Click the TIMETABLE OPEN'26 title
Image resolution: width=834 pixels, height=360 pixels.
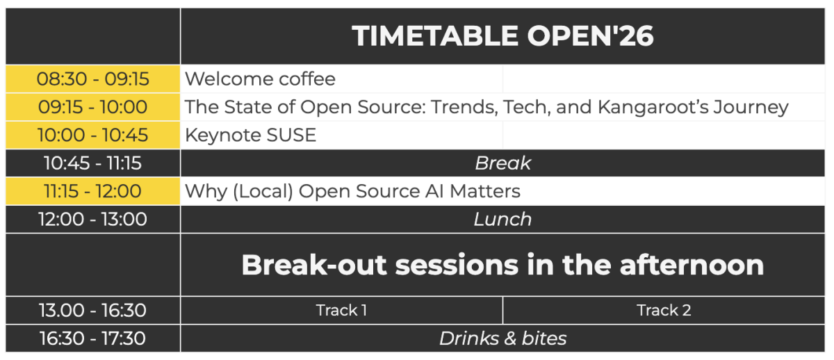pyautogui.click(x=502, y=36)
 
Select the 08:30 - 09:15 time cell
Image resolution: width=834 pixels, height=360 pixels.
pyautogui.click(x=93, y=79)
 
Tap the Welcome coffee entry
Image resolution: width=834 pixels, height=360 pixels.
pyautogui.click(x=260, y=79)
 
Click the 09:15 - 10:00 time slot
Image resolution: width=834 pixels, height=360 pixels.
pyautogui.click(x=93, y=107)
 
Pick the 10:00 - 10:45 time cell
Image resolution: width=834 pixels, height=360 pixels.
pyautogui.click(x=93, y=135)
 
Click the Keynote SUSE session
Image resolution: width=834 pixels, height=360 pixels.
pyautogui.click(x=250, y=135)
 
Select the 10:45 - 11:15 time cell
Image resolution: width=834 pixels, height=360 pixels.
pyautogui.click(x=93, y=163)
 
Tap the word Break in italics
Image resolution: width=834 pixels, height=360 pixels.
pyautogui.click(x=502, y=163)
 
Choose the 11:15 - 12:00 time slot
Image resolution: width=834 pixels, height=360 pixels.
pyautogui.click(x=93, y=191)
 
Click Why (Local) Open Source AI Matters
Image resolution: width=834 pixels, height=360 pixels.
pyautogui.click(x=352, y=191)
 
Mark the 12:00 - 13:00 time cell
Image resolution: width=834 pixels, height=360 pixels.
pyautogui.click(x=93, y=220)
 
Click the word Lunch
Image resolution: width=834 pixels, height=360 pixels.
pyautogui.click(x=502, y=220)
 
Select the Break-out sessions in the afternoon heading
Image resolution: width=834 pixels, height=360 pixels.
pyautogui.click(x=502, y=265)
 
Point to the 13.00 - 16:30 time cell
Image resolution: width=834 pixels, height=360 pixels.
pyautogui.click(x=93, y=310)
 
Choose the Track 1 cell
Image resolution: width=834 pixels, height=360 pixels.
pyautogui.click(x=341, y=310)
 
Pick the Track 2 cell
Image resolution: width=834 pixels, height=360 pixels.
pyautogui.click(x=664, y=310)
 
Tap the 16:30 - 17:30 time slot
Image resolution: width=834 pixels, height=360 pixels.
pyautogui.click(x=93, y=338)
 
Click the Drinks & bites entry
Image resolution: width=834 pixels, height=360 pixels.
pyautogui.click(x=502, y=338)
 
